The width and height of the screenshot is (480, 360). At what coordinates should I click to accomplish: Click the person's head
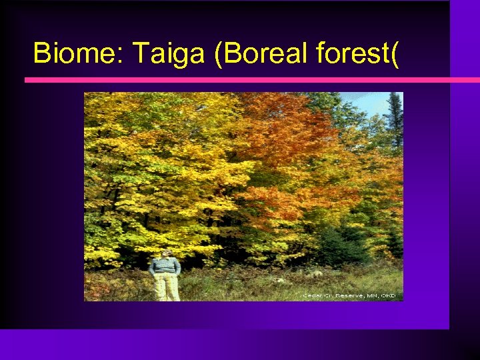click(165, 253)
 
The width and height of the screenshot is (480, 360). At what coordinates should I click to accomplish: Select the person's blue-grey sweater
click(165, 266)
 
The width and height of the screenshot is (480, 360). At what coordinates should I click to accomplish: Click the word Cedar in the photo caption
click(312, 295)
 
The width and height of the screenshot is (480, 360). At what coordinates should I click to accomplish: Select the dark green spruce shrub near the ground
click(340, 247)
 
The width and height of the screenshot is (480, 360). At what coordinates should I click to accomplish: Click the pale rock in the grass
click(317, 273)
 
